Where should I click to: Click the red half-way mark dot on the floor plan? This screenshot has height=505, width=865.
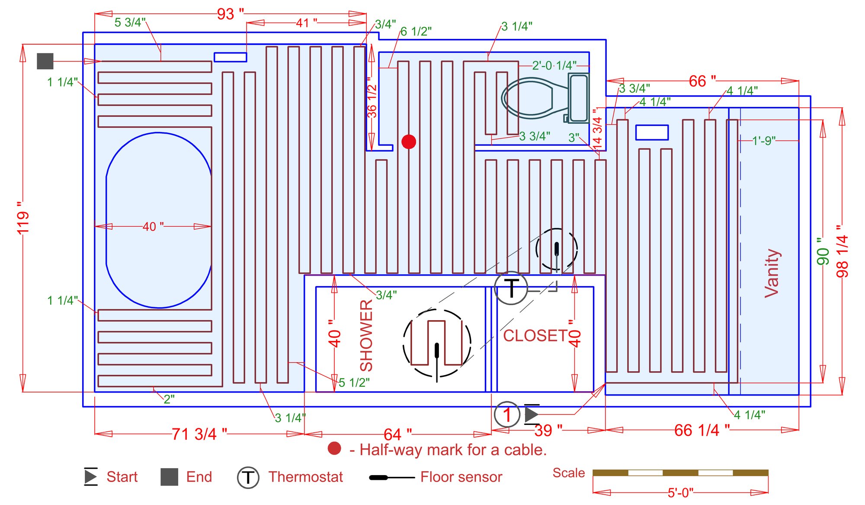pyautogui.click(x=409, y=142)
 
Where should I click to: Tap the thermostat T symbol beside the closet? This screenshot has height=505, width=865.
pyautogui.click(x=511, y=288)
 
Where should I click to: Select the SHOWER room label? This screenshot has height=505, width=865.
pyautogui.click(x=366, y=336)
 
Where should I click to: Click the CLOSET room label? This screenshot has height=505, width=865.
pyautogui.click(x=535, y=336)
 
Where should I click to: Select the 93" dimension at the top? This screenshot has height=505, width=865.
pyautogui.click(x=229, y=14)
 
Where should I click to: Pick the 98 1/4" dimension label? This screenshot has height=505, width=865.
pyautogui.click(x=842, y=251)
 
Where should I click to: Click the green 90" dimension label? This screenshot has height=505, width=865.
pyautogui.click(x=823, y=251)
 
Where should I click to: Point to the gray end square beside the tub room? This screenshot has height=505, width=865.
pyautogui.click(x=45, y=61)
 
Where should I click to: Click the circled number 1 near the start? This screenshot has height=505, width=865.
pyautogui.click(x=507, y=415)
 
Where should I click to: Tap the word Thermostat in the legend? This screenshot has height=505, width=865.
pyautogui.click(x=305, y=477)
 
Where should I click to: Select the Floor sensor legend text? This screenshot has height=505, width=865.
pyautogui.click(x=461, y=477)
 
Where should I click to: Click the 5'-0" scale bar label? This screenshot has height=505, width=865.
pyautogui.click(x=680, y=493)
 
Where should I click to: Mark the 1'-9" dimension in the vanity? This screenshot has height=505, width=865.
pyautogui.click(x=764, y=141)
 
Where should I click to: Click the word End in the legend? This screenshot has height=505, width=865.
pyautogui.click(x=199, y=477)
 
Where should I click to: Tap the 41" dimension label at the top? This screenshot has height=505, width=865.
pyautogui.click(x=306, y=23)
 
